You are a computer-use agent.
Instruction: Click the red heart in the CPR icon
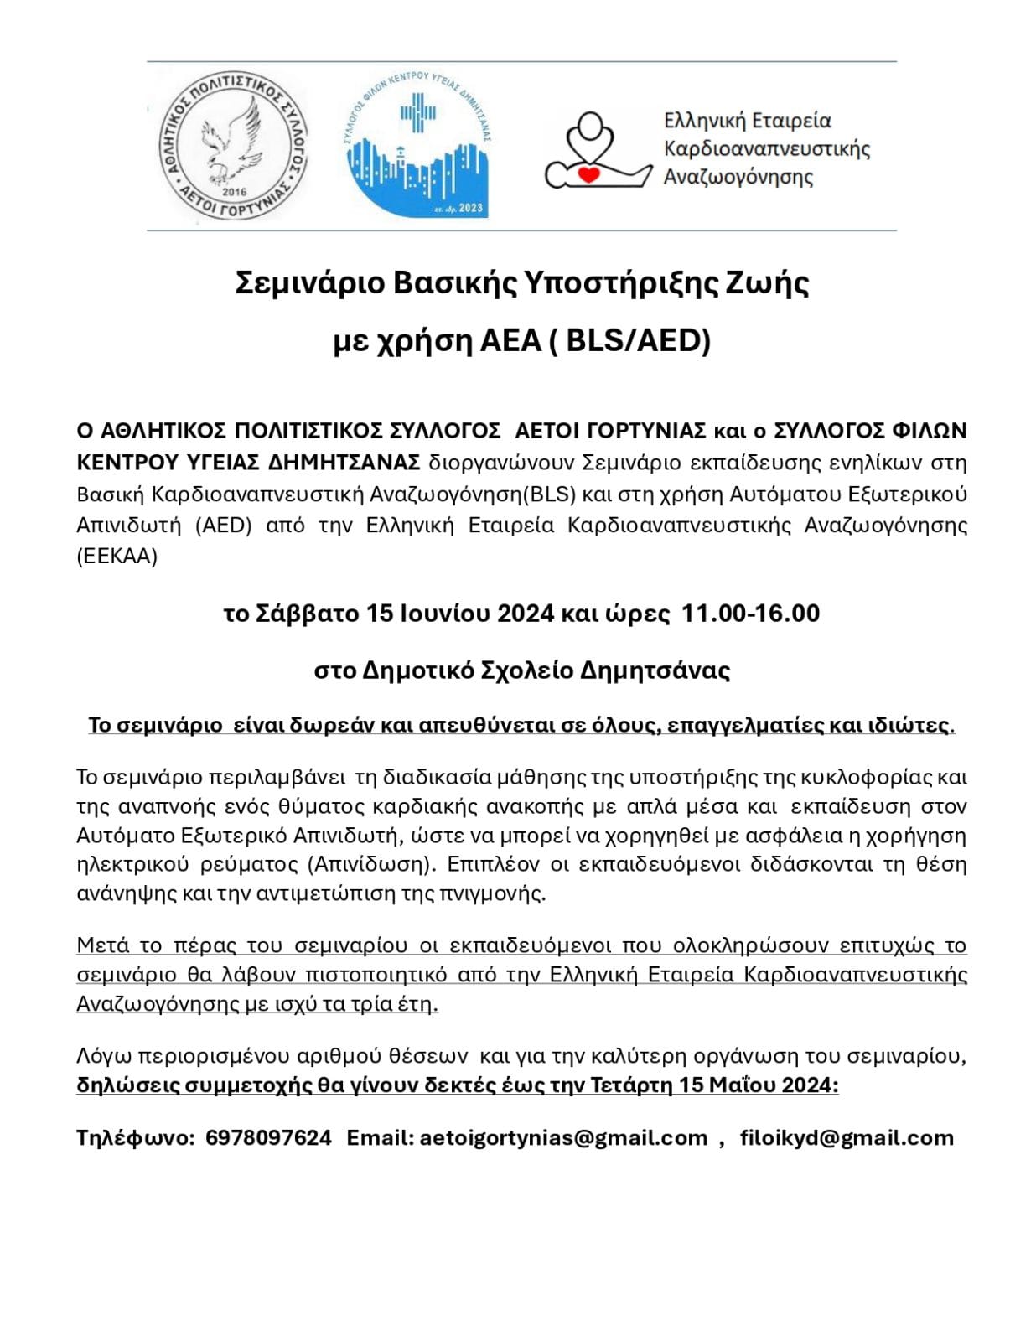click(x=592, y=174)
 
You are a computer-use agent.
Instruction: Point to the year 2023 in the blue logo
click(x=470, y=208)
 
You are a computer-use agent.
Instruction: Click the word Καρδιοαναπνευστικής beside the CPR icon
click(x=766, y=149)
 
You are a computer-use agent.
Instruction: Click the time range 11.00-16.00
click(x=750, y=614)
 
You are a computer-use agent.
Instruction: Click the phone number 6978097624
click(x=268, y=1137)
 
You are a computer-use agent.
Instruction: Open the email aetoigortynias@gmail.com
click(x=563, y=1137)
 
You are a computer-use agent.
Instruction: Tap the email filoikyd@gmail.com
click(x=847, y=1137)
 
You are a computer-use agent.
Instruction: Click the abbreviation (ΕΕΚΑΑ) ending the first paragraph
click(x=117, y=557)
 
